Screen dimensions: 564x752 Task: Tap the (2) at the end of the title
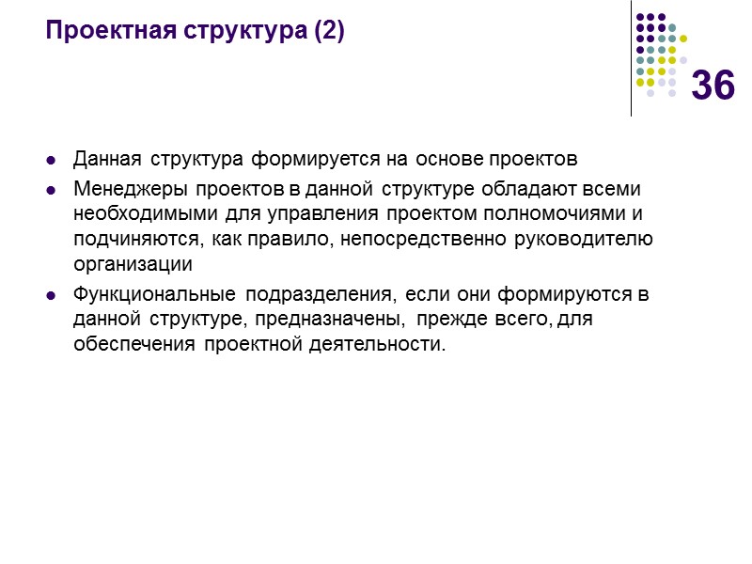(328, 32)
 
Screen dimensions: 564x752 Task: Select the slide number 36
(713, 86)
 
